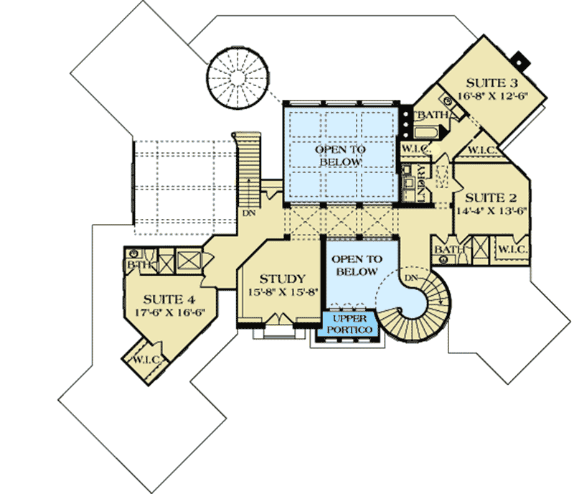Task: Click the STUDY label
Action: click(283, 279)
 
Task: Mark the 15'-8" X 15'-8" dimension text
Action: click(283, 292)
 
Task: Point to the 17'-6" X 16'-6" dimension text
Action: click(169, 312)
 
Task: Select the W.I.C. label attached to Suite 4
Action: click(143, 358)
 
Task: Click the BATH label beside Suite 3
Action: click(435, 115)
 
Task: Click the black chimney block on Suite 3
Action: click(522, 57)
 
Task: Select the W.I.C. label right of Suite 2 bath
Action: click(512, 249)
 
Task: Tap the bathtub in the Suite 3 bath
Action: click(425, 132)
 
